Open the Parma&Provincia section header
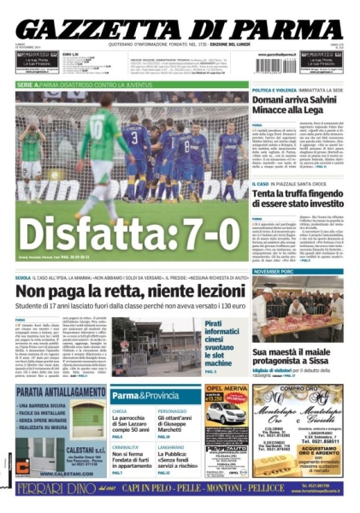[144, 396]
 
